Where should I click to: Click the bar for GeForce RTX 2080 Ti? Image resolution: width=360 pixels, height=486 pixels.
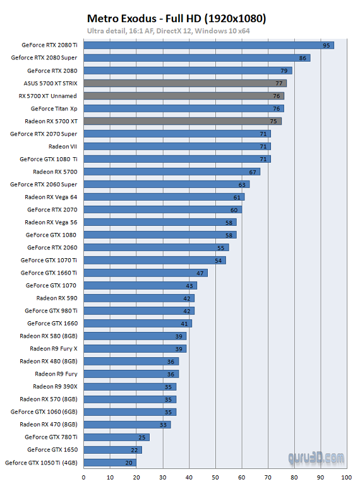tap(208, 45)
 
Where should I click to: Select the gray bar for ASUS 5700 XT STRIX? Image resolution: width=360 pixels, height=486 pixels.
tap(185, 83)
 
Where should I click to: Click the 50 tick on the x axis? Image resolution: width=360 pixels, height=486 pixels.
tap(215, 477)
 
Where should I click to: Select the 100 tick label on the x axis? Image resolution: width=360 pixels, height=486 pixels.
tap(346, 477)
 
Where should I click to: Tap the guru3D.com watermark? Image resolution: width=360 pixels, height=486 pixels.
tap(316, 457)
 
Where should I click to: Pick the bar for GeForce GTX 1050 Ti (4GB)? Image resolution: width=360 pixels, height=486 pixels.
tap(110, 462)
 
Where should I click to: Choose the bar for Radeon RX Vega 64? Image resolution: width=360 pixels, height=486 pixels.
tap(164, 197)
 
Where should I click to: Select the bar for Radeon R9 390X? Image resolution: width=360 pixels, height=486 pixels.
tap(129, 386)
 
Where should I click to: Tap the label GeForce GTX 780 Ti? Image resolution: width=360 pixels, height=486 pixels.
tap(51, 437)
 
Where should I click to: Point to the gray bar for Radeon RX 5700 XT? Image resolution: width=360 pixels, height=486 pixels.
tap(183, 121)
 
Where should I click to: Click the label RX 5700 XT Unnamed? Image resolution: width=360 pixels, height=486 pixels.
tap(48, 96)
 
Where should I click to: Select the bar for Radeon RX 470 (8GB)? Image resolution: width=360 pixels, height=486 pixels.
tap(127, 424)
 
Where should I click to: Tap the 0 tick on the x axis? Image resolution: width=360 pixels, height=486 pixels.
tap(84, 477)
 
